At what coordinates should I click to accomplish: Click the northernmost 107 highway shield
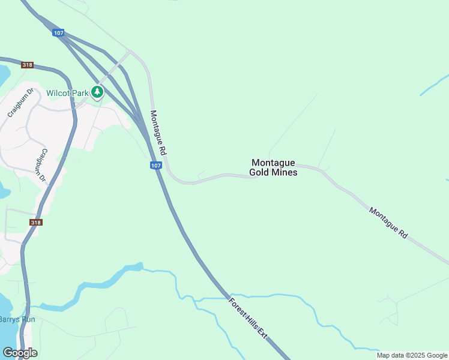(58, 33)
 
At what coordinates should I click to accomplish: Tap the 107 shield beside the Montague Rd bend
(155, 166)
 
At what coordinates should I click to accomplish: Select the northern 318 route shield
(26, 65)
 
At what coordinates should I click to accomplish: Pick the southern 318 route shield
(35, 222)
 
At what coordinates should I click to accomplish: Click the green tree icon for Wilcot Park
(97, 92)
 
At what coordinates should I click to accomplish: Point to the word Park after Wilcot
(80, 93)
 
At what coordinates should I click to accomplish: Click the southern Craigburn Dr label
(41, 166)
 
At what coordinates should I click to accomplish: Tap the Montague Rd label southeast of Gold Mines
(388, 223)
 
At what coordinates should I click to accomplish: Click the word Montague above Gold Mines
(273, 163)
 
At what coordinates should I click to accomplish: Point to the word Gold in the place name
(260, 172)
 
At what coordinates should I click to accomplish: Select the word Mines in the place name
(285, 172)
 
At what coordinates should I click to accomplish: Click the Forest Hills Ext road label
(248, 319)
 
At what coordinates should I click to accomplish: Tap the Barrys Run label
(17, 319)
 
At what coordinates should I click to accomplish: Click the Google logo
(20, 353)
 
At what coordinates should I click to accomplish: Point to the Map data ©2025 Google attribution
(412, 355)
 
